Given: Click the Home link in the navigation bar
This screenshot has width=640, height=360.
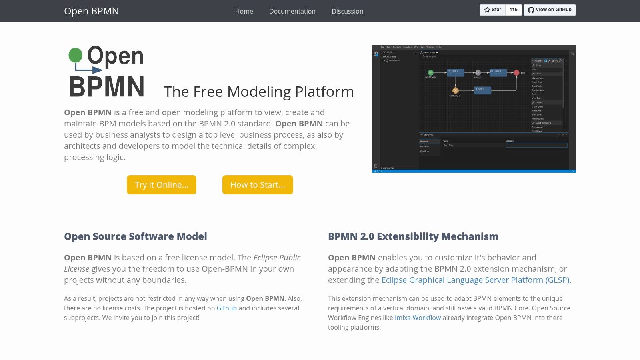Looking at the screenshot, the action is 244,11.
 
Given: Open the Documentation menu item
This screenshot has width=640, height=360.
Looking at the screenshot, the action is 292,11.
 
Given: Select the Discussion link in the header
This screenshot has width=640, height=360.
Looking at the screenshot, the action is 347,11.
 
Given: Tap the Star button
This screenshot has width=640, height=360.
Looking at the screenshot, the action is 492,10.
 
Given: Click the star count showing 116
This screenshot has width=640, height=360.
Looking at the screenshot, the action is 514,10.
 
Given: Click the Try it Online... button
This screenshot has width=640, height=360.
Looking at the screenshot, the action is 162,185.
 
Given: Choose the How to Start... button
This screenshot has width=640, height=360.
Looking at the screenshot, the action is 258,185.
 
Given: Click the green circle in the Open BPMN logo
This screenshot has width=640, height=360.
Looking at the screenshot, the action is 76,55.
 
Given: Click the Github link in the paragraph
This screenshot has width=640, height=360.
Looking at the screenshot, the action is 226,308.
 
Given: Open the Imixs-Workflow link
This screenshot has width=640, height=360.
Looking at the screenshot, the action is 418,318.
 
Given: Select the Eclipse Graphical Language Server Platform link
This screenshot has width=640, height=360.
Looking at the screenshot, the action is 475,280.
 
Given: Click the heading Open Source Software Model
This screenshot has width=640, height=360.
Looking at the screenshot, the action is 136,236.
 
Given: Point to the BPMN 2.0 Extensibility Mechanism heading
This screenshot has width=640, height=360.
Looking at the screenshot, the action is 413,236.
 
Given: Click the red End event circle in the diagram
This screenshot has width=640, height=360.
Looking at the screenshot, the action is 516,73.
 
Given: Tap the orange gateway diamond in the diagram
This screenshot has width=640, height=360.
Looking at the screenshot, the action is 455,90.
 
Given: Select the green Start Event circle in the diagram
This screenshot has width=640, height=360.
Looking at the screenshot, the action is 431,73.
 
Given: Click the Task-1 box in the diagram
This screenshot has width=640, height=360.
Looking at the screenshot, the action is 483,90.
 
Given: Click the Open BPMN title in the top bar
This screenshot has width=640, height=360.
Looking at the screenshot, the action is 91,11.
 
